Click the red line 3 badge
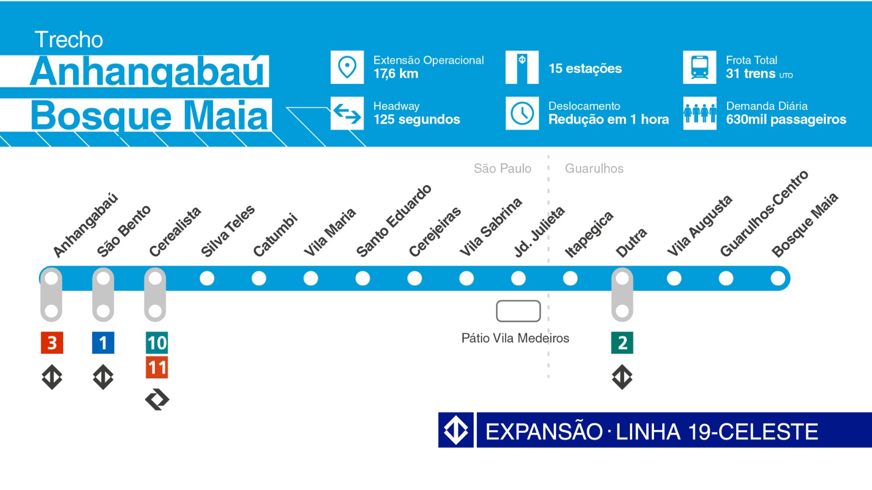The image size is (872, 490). [52, 343]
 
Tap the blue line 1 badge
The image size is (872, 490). [103, 343]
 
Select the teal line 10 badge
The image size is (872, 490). [157, 343]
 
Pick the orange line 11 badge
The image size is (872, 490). [157, 367]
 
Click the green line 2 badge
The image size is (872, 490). [622, 343]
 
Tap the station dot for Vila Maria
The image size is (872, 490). [311, 278]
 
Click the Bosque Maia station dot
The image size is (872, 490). [778, 278]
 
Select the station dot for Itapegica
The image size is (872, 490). [570, 278]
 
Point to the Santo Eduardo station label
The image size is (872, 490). [393, 220]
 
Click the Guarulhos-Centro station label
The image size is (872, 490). [764, 213]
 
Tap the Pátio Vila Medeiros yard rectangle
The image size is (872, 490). [518, 311]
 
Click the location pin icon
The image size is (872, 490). [347, 68]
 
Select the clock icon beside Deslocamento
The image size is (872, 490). [522, 113]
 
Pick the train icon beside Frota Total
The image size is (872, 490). [700, 68]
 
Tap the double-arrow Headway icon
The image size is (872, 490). [347, 113]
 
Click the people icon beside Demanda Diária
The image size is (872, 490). [700, 113]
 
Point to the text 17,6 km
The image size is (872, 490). [396, 73]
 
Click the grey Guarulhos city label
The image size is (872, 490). [594, 168]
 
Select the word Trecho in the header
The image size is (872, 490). [69, 40]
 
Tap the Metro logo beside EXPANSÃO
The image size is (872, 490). [456, 430]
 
